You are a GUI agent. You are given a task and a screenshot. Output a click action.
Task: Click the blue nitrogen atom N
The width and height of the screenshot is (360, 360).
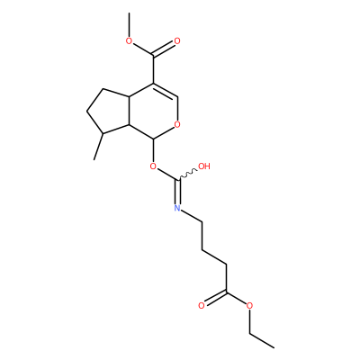pos(177,208)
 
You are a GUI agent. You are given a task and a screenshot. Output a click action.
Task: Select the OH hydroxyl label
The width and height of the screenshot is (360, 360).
pos(204,166)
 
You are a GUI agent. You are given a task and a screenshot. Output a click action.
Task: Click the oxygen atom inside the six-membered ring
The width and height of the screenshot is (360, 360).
pos(177,124)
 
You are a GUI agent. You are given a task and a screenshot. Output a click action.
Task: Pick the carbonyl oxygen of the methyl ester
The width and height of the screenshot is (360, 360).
pos(177,41)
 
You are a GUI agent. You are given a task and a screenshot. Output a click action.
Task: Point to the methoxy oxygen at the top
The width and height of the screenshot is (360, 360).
pos(129,41)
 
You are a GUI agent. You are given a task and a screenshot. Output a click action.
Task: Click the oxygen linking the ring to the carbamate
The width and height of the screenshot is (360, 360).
pos(153,166)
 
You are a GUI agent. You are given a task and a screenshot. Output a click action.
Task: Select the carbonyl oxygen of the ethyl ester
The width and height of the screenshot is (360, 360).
pos(202,306)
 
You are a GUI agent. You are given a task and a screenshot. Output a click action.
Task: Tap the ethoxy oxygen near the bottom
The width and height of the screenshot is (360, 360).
pos(249,306)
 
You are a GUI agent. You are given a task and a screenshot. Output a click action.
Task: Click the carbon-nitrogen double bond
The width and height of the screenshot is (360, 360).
pos(178,192)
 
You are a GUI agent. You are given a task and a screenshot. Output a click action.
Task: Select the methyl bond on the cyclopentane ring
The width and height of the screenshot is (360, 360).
pos(98,147)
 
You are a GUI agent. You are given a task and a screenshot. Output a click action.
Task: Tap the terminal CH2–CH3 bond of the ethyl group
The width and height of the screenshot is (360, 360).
pos(262,340)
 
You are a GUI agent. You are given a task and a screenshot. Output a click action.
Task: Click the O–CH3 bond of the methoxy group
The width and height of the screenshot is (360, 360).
pos(130,24)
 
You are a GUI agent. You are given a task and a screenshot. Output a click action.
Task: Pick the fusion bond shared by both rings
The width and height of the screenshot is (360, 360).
pos(130,110)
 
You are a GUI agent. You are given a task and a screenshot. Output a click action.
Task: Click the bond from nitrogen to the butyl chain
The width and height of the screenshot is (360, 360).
pos(192,216)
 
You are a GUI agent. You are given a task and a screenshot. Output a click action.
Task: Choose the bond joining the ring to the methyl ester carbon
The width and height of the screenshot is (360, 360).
pos(153,69)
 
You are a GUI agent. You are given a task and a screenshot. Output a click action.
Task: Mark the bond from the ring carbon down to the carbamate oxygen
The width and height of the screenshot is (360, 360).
pos(153,150)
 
